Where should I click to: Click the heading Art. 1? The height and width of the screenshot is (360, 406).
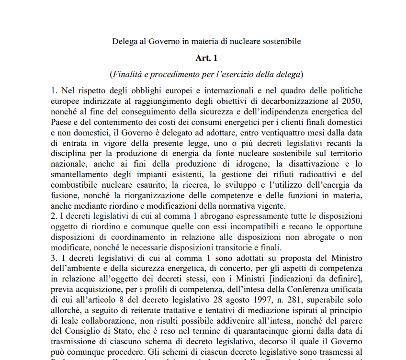click(x=206, y=58)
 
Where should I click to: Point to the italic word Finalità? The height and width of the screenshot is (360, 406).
click(x=128, y=74)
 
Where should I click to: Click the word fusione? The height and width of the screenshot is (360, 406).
click(x=64, y=195)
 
